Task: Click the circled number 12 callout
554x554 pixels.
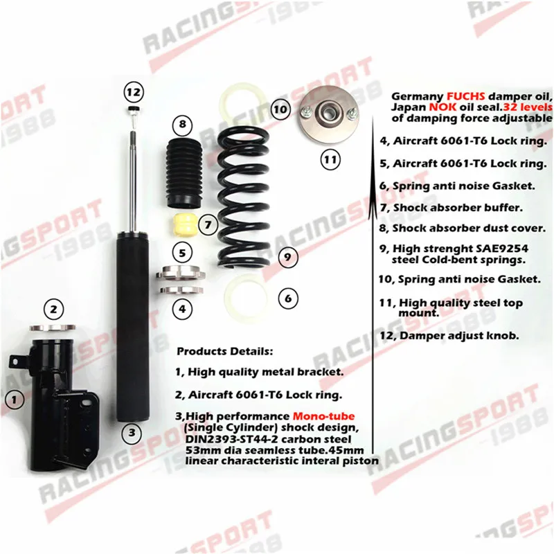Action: pos(133,91)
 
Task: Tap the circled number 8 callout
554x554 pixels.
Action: pos(182,125)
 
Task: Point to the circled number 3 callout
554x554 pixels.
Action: pos(132,434)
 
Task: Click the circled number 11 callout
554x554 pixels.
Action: pos(330,159)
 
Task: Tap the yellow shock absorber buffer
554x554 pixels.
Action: pos(184,226)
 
